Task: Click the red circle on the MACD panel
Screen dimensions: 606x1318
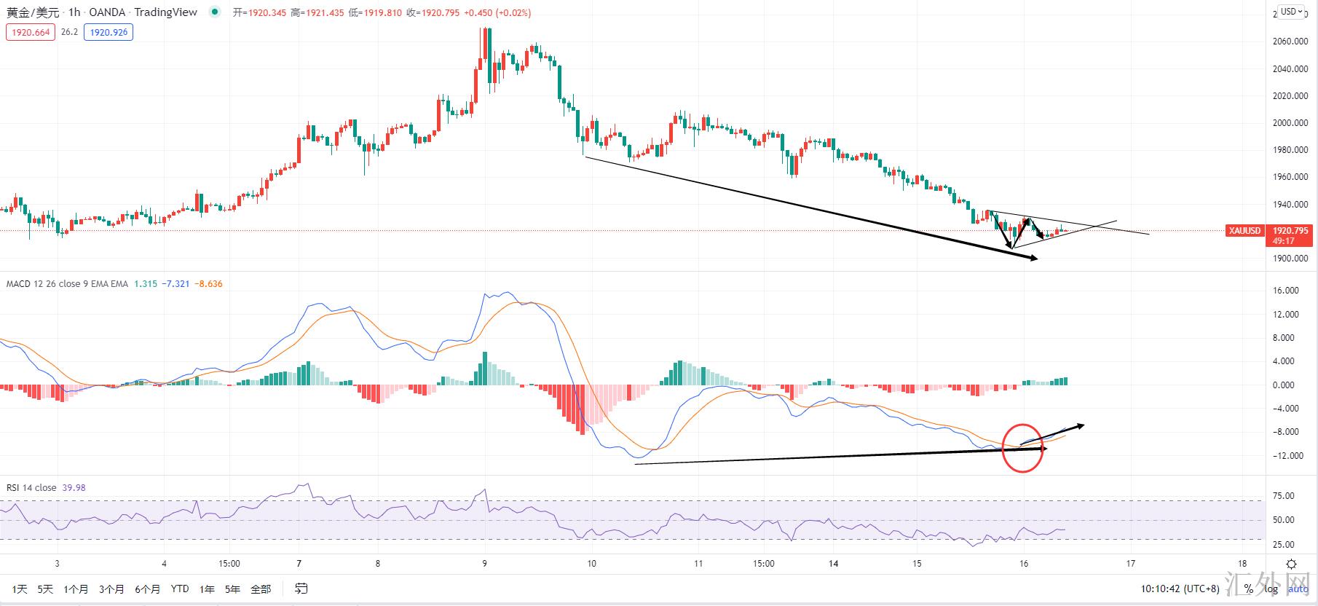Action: tap(1022, 447)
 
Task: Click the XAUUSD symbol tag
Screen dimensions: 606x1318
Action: tap(1244, 231)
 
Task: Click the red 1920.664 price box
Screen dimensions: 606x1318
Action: tap(31, 32)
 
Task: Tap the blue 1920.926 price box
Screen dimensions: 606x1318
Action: tap(108, 32)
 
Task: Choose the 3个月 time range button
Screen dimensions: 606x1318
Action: tap(111, 589)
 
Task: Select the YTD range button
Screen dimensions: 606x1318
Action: tap(180, 589)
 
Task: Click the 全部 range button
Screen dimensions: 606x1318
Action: tap(261, 589)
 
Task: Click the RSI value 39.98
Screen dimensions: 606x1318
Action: tap(74, 488)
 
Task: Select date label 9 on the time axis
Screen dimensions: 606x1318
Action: tap(485, 564)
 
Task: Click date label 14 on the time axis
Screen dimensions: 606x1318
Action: tap(834, 564)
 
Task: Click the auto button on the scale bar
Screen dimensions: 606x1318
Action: tap(1298, 589)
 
